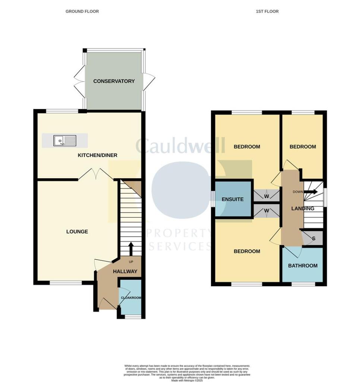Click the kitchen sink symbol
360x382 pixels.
tap(65, 141)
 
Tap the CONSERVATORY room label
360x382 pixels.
tap(114, 81)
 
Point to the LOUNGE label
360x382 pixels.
tap(77, 232)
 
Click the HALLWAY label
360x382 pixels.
tap(125, 272)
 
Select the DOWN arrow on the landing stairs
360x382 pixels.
tap(312, 192)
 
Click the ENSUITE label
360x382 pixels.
tap(233, 199)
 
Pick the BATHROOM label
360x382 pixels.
tap(303, 266)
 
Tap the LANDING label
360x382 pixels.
tap(303, 209)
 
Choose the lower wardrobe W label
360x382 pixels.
tap(267, 211)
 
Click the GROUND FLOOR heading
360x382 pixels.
tap(82, 12)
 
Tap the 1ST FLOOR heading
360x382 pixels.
tap(267, 12)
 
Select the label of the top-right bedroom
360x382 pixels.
tap(303, 147)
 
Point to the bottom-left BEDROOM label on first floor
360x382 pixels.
tap(247, 251)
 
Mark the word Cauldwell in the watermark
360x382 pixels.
tap(180, 146)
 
